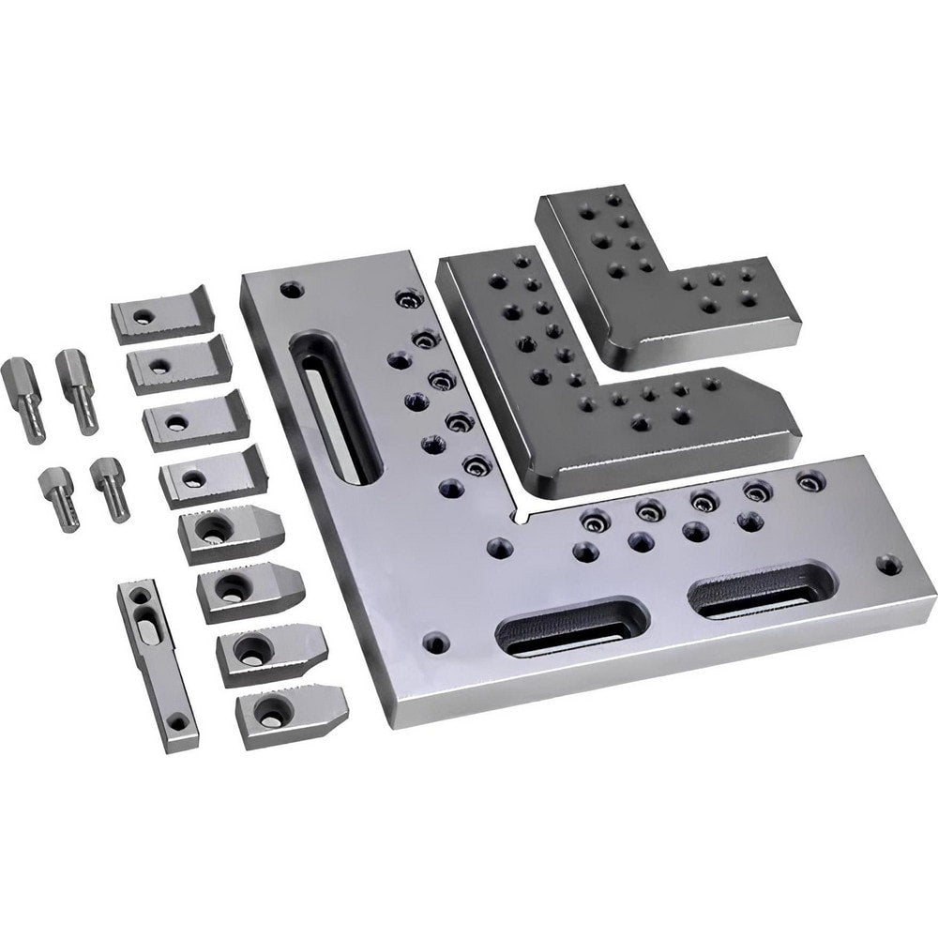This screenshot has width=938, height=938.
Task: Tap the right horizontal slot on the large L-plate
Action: pos(762,588)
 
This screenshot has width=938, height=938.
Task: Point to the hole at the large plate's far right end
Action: pos(887,565)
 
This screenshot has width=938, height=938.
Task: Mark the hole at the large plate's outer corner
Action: pos(433,643)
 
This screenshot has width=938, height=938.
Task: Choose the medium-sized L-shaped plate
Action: pos(600,375)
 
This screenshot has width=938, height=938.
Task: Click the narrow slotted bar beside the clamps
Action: pos(158,666)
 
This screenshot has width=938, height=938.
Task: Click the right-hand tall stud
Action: pos(77,390)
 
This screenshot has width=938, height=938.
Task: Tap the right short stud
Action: pos(110,487)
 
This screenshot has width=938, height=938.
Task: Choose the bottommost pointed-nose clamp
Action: pos(290,715)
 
